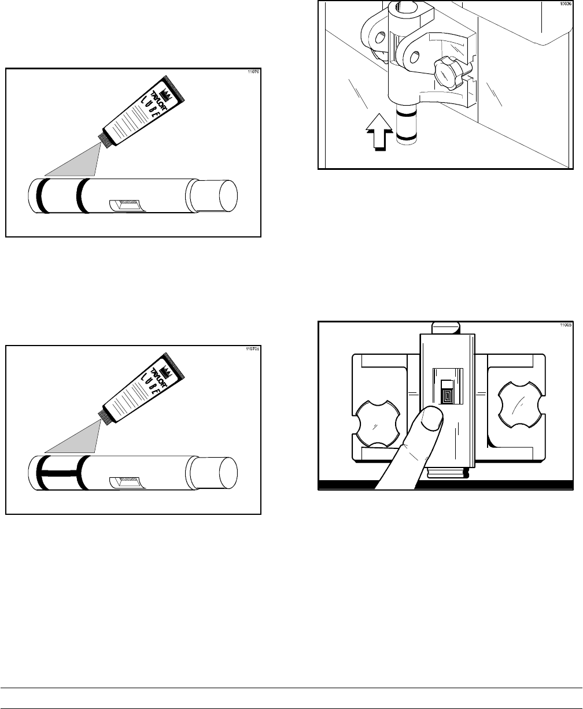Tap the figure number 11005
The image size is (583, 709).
point(566,326)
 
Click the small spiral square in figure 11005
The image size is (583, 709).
point(446,397)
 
